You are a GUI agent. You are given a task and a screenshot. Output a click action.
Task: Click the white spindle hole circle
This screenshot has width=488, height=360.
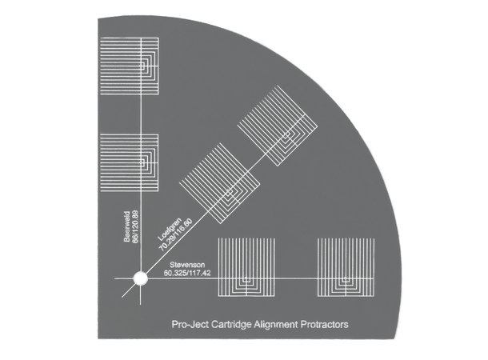[x=140, y=278]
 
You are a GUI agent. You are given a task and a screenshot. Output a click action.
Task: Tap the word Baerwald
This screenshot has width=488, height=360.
[x=127, y=227]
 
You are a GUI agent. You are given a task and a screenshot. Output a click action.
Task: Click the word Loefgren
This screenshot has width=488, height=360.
[x=170, y=230]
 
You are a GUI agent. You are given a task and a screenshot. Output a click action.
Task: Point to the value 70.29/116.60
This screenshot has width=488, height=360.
[x=175, y=235]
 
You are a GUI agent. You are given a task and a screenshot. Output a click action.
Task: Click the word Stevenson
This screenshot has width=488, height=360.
[x=187, y=265]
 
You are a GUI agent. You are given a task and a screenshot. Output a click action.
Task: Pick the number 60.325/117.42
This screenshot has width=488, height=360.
[x=187, y=273]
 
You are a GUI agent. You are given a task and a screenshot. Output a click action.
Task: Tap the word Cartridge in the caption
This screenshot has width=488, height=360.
[x=231, y=325]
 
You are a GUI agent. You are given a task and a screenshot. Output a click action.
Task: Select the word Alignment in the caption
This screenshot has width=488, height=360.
[x=276, y=325]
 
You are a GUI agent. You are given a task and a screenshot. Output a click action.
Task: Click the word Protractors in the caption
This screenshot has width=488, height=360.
[x=325, y=325]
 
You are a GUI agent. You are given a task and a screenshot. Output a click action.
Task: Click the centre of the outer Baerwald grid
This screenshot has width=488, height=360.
[x=142, y=66]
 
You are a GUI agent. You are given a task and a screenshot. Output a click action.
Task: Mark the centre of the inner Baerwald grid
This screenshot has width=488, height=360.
[x=142, y=162]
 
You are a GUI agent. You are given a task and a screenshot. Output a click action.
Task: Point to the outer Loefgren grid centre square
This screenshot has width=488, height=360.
[x=286, y=134]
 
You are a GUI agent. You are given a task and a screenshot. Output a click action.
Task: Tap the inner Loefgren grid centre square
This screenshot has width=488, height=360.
[x=229, y=192]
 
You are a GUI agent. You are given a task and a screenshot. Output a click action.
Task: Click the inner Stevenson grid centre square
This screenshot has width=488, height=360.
[x=246, y=279]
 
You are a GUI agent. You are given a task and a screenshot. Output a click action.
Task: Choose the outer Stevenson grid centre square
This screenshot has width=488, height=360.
[x=346, y=279]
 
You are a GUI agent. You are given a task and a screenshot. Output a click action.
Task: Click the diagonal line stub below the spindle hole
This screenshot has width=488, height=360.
[x=128, y=290]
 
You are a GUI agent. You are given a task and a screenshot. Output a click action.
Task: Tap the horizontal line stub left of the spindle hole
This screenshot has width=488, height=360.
[x=124, y=278]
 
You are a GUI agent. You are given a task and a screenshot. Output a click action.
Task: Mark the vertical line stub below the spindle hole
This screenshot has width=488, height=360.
[x=140, y=294]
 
